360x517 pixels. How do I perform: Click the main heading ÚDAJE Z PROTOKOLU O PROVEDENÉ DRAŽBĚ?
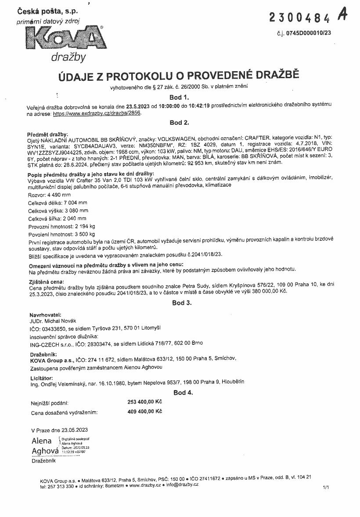click(179, 75)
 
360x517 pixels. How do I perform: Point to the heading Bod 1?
click(179, 97)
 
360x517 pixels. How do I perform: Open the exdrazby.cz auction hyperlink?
click(97, 113)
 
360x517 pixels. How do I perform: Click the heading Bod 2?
click(179, 123)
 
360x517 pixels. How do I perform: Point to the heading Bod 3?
click(181, 303)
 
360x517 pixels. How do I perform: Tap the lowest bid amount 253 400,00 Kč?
click(144, 401)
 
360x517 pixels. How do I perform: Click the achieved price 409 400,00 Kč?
click(144, 412)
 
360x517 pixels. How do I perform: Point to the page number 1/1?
click(326, 488)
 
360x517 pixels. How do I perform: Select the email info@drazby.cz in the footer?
click(182, 484)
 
